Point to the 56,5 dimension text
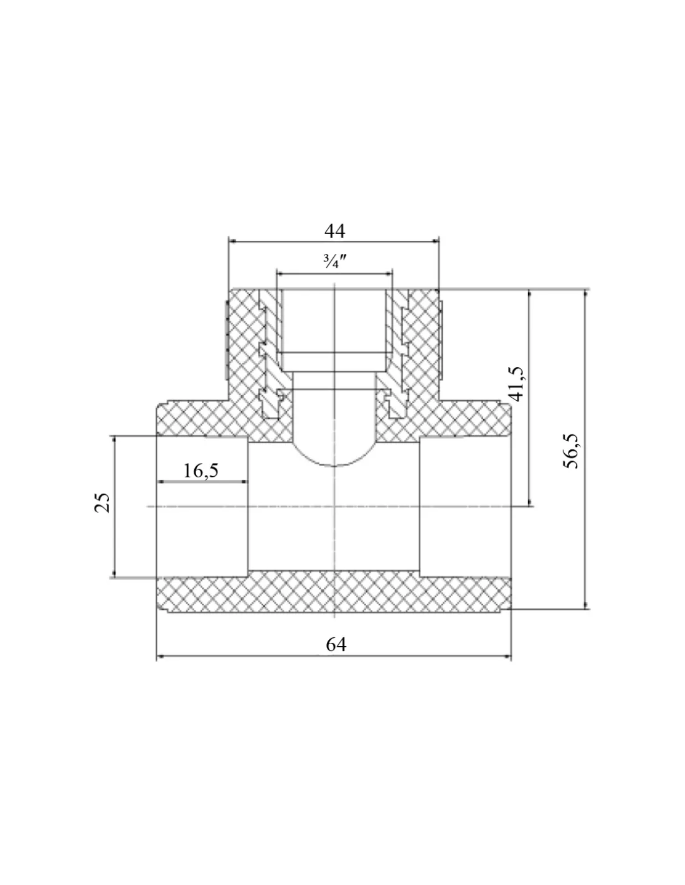coord(573,451)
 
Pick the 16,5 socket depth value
coord(201,471)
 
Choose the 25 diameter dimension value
coord(102,503)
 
